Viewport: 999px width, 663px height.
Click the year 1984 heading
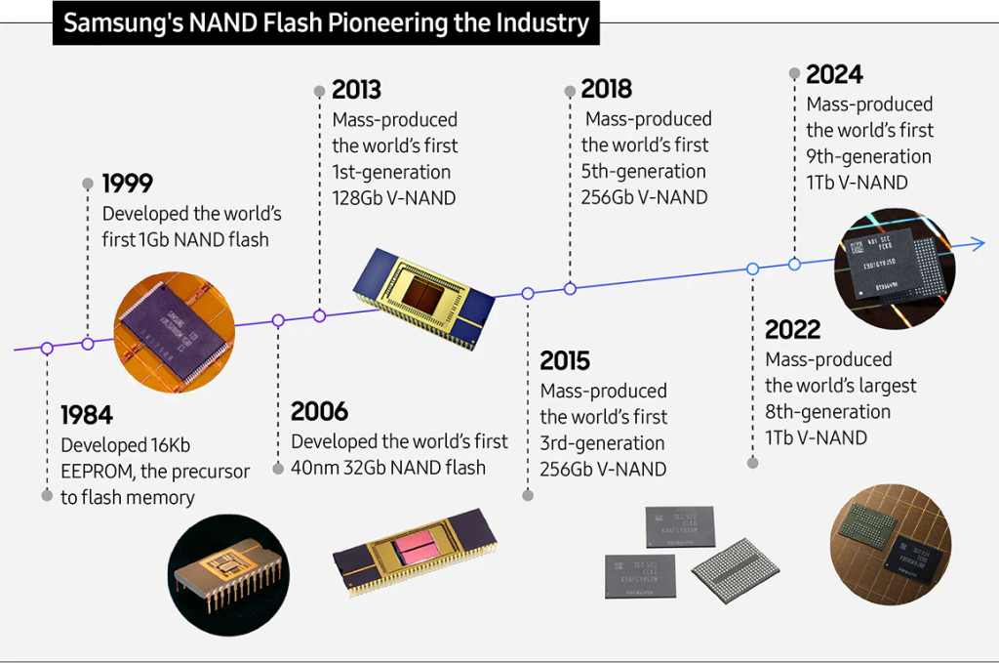[x=87, y=415]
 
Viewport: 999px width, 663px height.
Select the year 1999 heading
[x=128, y=184]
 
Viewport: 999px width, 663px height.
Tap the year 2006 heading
[x=319, y=412]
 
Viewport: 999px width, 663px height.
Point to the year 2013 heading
[x=356, y=91]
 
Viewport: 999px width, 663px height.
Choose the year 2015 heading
[x=565, y=361]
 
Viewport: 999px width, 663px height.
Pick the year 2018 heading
[x=606, y=90]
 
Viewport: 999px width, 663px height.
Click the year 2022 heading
[x=792, y=330]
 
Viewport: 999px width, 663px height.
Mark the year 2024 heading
[x=834, y=74]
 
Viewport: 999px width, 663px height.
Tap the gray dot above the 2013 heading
[x=318, y=91]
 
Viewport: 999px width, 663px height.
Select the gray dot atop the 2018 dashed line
[x=570, y=91]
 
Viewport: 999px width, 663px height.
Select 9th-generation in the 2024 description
[x=868, y=156]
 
